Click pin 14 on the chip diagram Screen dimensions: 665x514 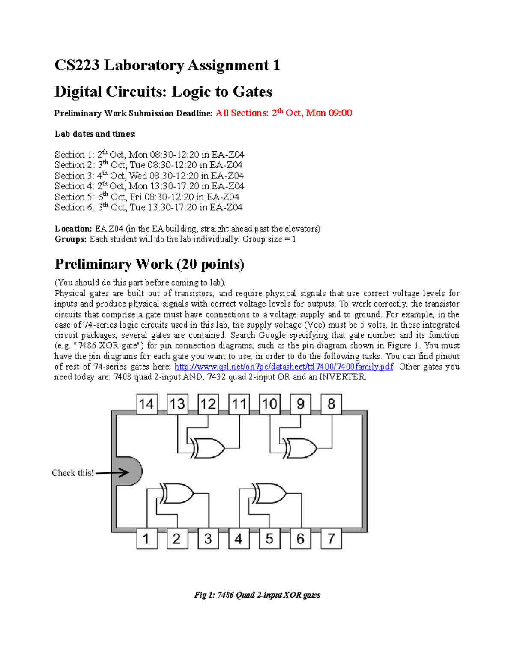coord(146,404)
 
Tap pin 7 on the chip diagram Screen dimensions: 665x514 coord(331,539)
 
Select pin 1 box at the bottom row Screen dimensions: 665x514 coord(146,539)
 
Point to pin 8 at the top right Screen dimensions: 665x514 coord(331,404)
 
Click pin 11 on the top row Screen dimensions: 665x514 coord(239,404)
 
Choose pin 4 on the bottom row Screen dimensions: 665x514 coord(239,539)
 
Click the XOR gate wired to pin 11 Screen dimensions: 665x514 coord(208,448)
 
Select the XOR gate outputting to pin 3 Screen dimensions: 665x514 coord(177,493)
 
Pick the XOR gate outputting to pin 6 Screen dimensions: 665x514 coord(269,493)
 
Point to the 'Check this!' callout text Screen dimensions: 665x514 coord(72,473)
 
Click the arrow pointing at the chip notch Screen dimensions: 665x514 coord(112,473)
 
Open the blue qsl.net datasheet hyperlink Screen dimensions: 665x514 coord(284,367)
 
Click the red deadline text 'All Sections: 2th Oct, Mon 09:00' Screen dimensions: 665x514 coord(284,113)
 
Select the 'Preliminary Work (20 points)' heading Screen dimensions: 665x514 coord(149,264)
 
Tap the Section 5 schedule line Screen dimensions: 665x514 coord(146,197)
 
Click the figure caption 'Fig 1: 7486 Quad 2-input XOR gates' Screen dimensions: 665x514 coord(257,595)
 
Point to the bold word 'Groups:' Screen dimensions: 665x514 coord(70,239)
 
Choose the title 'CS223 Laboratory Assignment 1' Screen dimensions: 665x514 coord(167,65)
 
